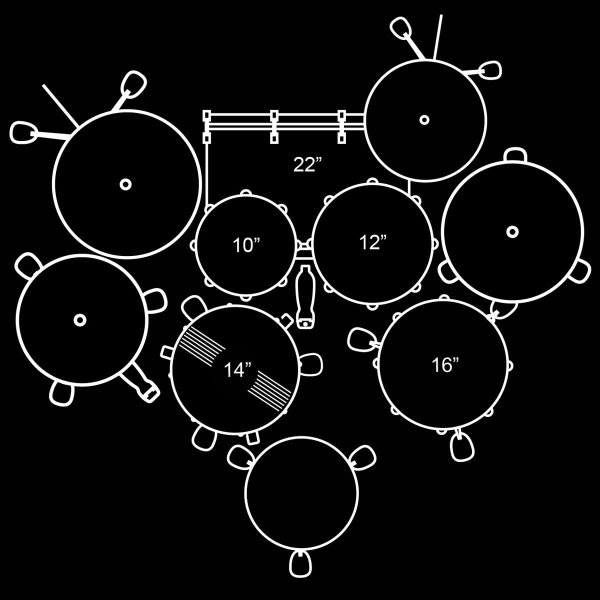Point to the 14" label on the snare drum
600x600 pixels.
237,370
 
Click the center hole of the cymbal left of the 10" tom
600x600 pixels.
125,184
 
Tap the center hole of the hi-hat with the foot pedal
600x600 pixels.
79,319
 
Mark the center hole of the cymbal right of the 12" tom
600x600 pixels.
512,231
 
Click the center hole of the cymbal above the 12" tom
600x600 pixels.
424,119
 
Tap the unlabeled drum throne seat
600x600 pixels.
302,492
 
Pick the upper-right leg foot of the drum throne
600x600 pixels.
364,457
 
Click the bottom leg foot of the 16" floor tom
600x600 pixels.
461,446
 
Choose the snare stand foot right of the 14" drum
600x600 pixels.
311,364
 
